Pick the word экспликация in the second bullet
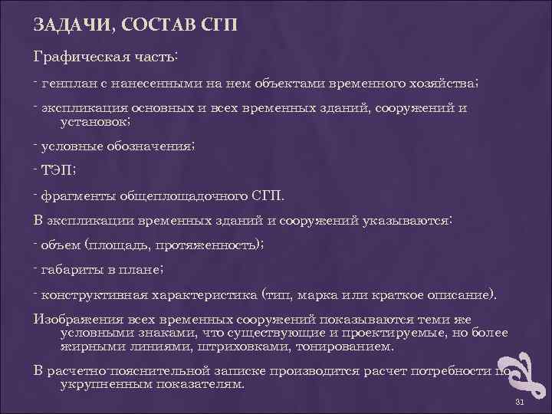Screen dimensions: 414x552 point(84,108)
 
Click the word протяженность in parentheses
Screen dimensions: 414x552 point(208,245)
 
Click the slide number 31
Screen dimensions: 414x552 point(519,402)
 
